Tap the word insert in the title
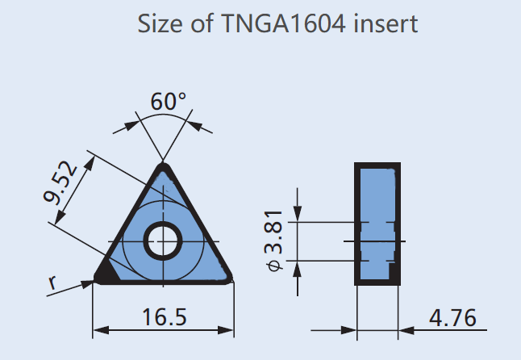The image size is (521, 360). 390,24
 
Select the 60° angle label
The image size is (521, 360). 168,102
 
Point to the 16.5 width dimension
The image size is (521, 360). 165,317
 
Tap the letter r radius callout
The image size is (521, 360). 53,283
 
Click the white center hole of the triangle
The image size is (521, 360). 164,240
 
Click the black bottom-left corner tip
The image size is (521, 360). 102,274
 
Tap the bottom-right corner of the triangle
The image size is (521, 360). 227,278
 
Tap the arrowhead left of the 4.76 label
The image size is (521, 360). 406,329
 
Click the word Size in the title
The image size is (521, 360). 156,24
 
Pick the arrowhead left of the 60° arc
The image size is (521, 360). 130,124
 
